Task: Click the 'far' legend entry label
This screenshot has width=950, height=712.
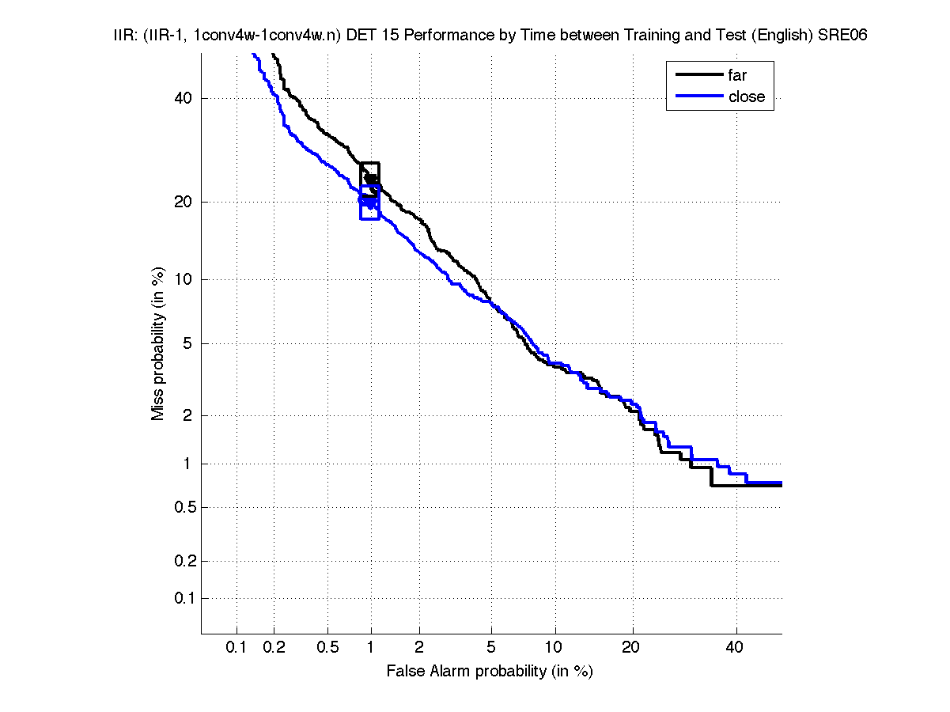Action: pos(737,76)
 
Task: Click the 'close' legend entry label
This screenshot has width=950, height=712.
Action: pos(746,97)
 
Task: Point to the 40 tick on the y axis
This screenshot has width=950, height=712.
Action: pos(184,98)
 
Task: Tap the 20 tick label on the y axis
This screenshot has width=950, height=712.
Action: pos(184,202)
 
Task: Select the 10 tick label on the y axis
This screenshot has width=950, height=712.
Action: pos(184,279)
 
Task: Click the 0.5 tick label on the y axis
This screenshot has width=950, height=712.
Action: pos(181,507)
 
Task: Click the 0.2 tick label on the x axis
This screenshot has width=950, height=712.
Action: pos(274,648)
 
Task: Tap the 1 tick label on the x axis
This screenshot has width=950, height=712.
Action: pos(370,648)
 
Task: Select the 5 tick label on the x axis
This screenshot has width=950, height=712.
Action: pos(492,648)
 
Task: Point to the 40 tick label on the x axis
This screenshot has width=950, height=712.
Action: pos(735,648)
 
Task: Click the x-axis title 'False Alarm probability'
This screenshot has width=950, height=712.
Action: pos(489,672)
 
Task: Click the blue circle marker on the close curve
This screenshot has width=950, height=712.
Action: pos(364,201)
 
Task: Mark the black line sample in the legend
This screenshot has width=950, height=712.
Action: pos(698,76)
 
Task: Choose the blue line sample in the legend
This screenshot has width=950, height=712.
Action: pos(698,97)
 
